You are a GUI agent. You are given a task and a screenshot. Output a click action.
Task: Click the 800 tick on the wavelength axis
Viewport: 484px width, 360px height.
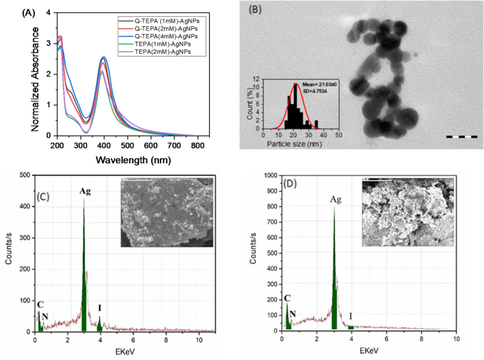click(x=199, y=144)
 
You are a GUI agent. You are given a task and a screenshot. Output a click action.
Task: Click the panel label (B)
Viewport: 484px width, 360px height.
click(x=253, y=12)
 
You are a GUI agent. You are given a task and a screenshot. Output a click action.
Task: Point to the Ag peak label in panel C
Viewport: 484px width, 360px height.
click(x=85, y=191)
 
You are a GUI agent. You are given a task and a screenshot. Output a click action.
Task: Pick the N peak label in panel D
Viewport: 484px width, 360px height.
click(x=293, y=312)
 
